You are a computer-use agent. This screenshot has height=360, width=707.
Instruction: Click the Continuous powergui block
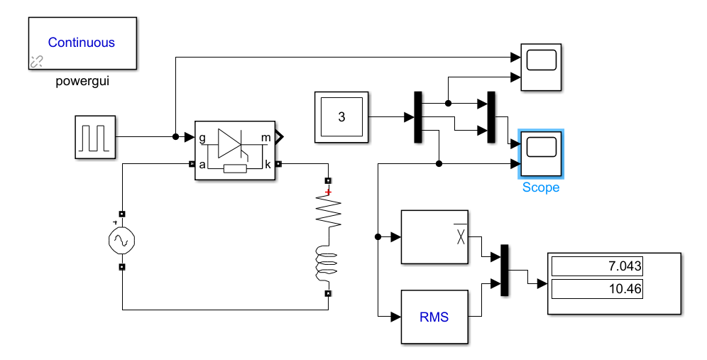(82, 43)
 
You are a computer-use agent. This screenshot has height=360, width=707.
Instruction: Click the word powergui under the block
(82, 81)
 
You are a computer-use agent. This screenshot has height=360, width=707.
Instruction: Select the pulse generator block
(96, 137)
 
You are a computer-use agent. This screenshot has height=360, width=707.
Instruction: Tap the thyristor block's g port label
(203, 137)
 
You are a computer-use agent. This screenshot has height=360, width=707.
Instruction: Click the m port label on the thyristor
(265, 137)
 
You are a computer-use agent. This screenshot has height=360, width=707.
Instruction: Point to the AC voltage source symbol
(122, 241)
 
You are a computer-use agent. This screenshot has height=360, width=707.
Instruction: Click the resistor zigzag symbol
(328, 212)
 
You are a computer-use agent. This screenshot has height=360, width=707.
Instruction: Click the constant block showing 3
(341, 117)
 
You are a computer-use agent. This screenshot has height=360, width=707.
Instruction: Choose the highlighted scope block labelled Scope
(541, 153)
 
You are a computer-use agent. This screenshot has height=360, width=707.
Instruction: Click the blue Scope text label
(541, 187)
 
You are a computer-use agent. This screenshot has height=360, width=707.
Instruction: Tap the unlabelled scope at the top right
(542, 67)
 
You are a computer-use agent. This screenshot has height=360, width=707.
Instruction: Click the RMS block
(434, 317)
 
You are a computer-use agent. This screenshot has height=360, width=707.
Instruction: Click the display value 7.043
(597, 267)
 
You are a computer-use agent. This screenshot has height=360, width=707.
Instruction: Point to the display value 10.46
(597, 289)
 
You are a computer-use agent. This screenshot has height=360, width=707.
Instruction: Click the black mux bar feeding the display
(505, 270)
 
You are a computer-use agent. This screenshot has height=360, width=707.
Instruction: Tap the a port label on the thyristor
(203, 164)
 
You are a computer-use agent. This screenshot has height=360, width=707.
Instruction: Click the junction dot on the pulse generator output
(175, 136)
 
